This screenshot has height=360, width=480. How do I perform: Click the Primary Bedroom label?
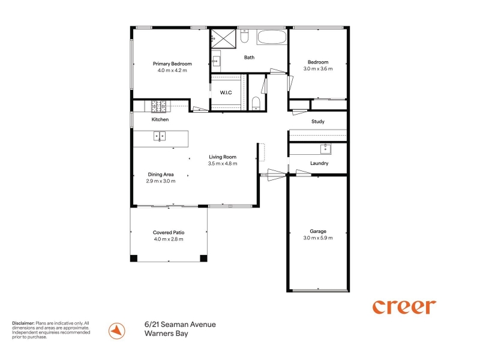coord(172,64)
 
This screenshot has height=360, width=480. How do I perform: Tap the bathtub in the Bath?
coord(272,37)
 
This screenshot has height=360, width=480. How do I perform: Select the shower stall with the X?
coord(223,38)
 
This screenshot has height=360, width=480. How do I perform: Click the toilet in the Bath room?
coord(244,36)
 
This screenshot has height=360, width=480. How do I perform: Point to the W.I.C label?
coord(226,92)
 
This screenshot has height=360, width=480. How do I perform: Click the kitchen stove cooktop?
coord(158,107)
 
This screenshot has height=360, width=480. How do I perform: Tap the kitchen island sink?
coord(160,136)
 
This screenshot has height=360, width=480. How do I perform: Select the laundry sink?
coord(325,149)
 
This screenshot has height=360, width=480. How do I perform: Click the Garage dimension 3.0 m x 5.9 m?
coord(318,238)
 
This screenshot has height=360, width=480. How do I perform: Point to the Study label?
coord(318,122)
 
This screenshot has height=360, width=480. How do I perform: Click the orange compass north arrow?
coord(116,331)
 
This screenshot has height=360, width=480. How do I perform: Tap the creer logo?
coord(404,307)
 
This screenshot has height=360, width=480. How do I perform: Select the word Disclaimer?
coord(23,323)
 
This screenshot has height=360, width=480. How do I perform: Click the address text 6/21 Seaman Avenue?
coord(180,325)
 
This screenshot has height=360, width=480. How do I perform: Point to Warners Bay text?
coord(166,334)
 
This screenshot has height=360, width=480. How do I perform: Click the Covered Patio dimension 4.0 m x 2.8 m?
coord(169,239)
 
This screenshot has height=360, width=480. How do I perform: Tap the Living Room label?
coord(223,157)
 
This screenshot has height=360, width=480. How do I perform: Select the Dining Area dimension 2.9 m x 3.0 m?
coord(161,181)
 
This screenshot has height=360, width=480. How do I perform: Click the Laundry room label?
coord(319,163)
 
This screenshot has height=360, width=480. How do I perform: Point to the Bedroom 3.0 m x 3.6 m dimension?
coord(318,68)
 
